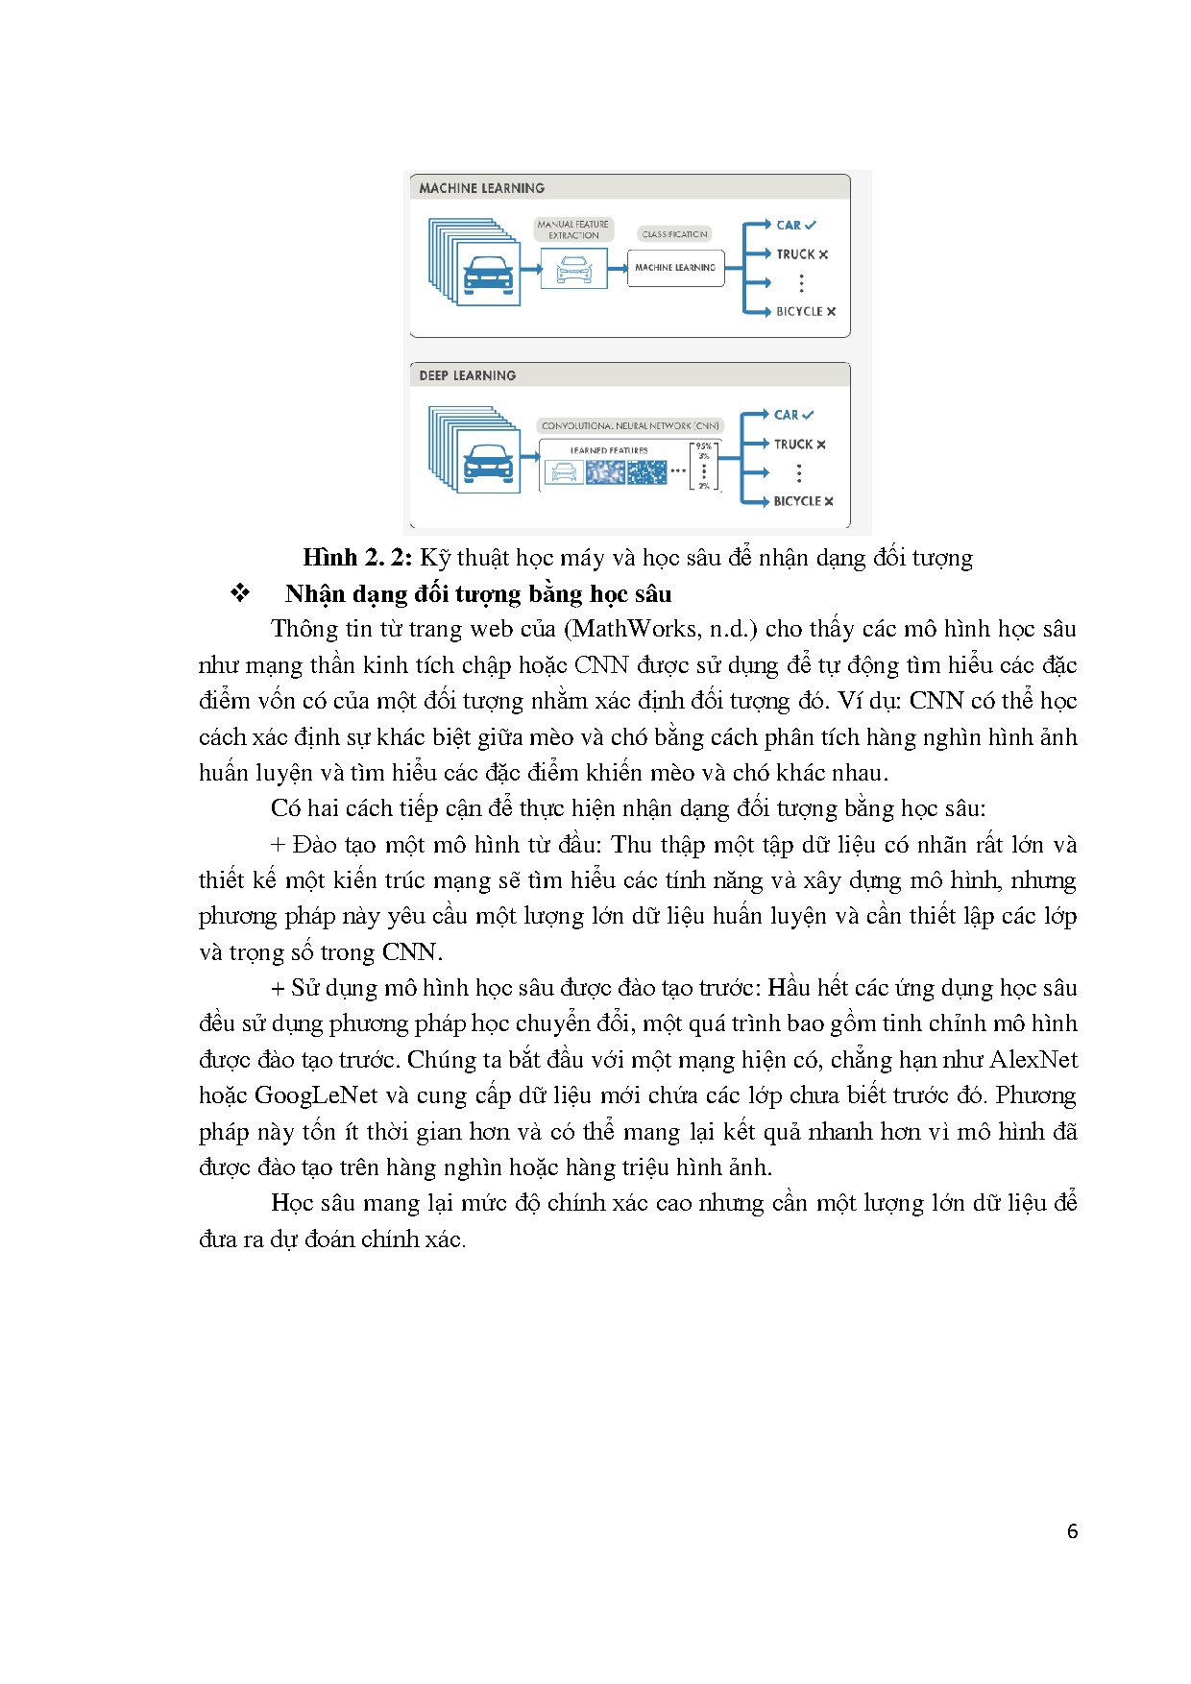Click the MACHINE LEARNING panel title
click(481, 188)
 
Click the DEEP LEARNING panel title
click(467, 375)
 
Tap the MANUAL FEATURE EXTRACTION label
click(573, 229)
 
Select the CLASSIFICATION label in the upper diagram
click(674, 234)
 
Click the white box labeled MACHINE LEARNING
click(675, 268)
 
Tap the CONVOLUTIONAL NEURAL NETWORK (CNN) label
click(630, 425)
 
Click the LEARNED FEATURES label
click(609, 450)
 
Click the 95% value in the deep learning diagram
click(704, 446)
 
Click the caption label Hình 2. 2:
click(357, 558)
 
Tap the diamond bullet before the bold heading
click(240, 593)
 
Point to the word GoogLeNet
click(316, 1095)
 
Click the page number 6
click(1072, 1531)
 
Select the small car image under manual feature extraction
click(573, 269)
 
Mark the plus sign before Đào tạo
click(278, 845)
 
